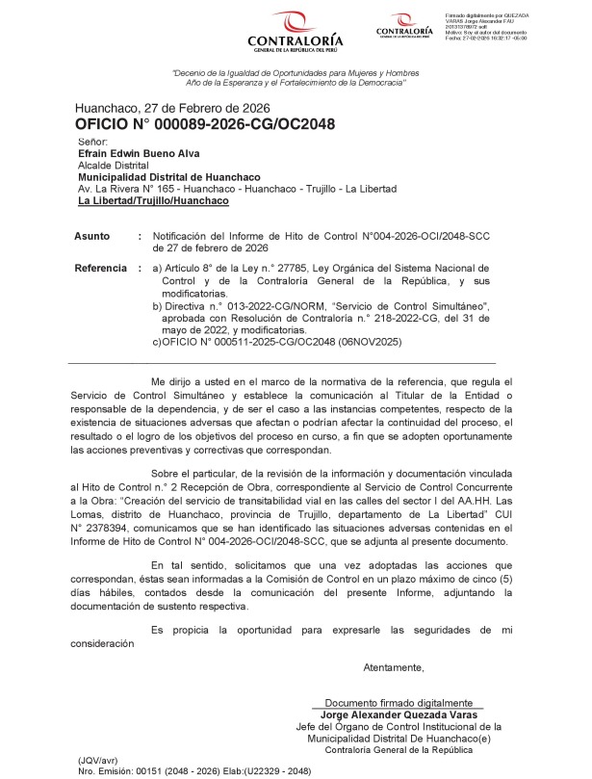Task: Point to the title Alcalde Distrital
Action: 110,166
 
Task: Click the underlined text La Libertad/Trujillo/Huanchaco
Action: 153,201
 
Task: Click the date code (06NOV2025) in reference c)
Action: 366,342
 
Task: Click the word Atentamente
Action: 393,667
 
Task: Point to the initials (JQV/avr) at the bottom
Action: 99,761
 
